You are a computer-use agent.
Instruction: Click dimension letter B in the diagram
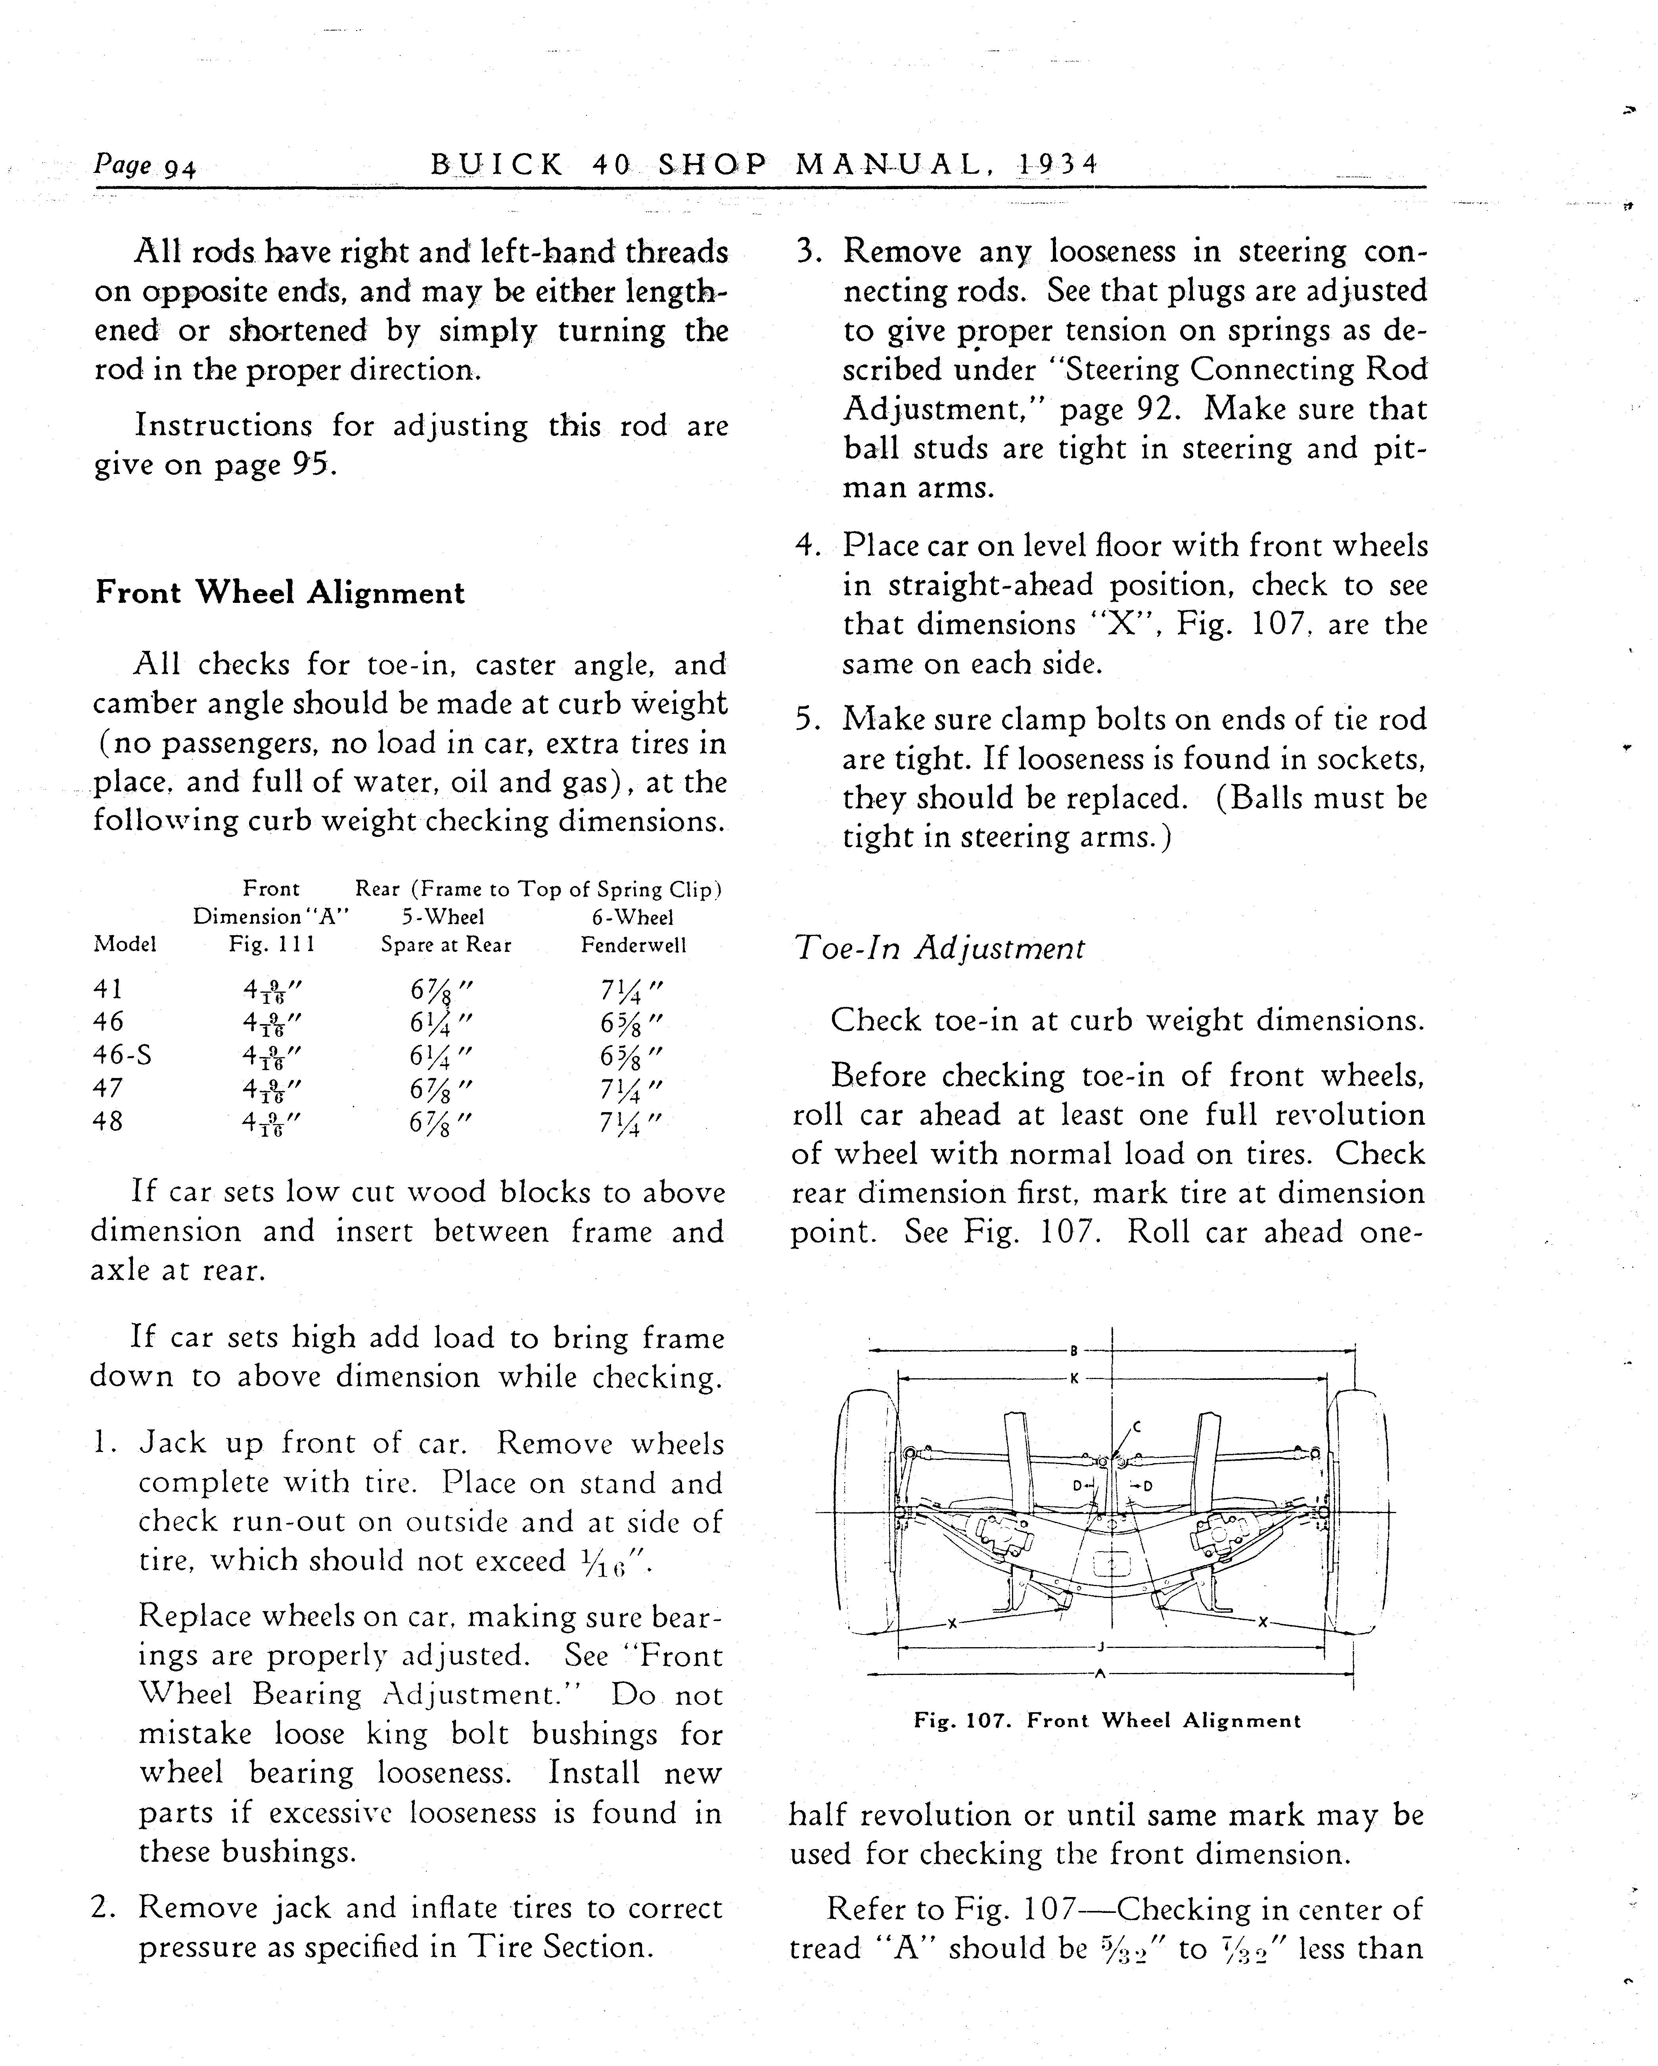1074,1351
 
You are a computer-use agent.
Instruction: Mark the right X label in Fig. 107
1262,1621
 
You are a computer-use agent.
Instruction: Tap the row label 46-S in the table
122,1055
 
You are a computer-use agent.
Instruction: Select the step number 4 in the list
807,546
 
